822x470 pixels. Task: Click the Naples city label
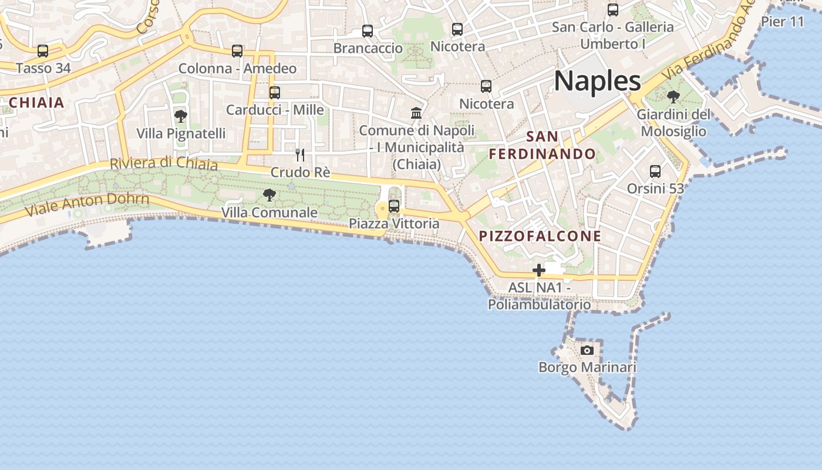point(597,81)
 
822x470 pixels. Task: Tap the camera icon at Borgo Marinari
point(587,351)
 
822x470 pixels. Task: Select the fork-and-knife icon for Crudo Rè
point(300,155)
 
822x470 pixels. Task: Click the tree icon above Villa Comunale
point(269,194)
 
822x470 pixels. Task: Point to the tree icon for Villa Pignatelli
point(181,116)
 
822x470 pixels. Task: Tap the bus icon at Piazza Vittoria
point(394,206)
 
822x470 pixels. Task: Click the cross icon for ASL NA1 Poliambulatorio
point(539,271)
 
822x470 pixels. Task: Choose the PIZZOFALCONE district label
point(540,236)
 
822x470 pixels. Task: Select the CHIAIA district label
point(36,103)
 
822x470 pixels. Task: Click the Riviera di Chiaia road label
point(164,163)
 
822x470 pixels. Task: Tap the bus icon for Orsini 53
point(655,172)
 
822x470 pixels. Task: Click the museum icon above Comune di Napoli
point(417,112)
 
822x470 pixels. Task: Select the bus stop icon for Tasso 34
point(43,51)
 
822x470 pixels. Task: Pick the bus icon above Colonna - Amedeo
point(237,51)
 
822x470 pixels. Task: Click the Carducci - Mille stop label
point(275,110)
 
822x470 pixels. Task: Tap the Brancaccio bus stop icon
point(368,31)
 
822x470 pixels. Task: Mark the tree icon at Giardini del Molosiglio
point(673,97)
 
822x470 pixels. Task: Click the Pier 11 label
point(782,22)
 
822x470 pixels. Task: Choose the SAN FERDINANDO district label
point(543,146)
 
